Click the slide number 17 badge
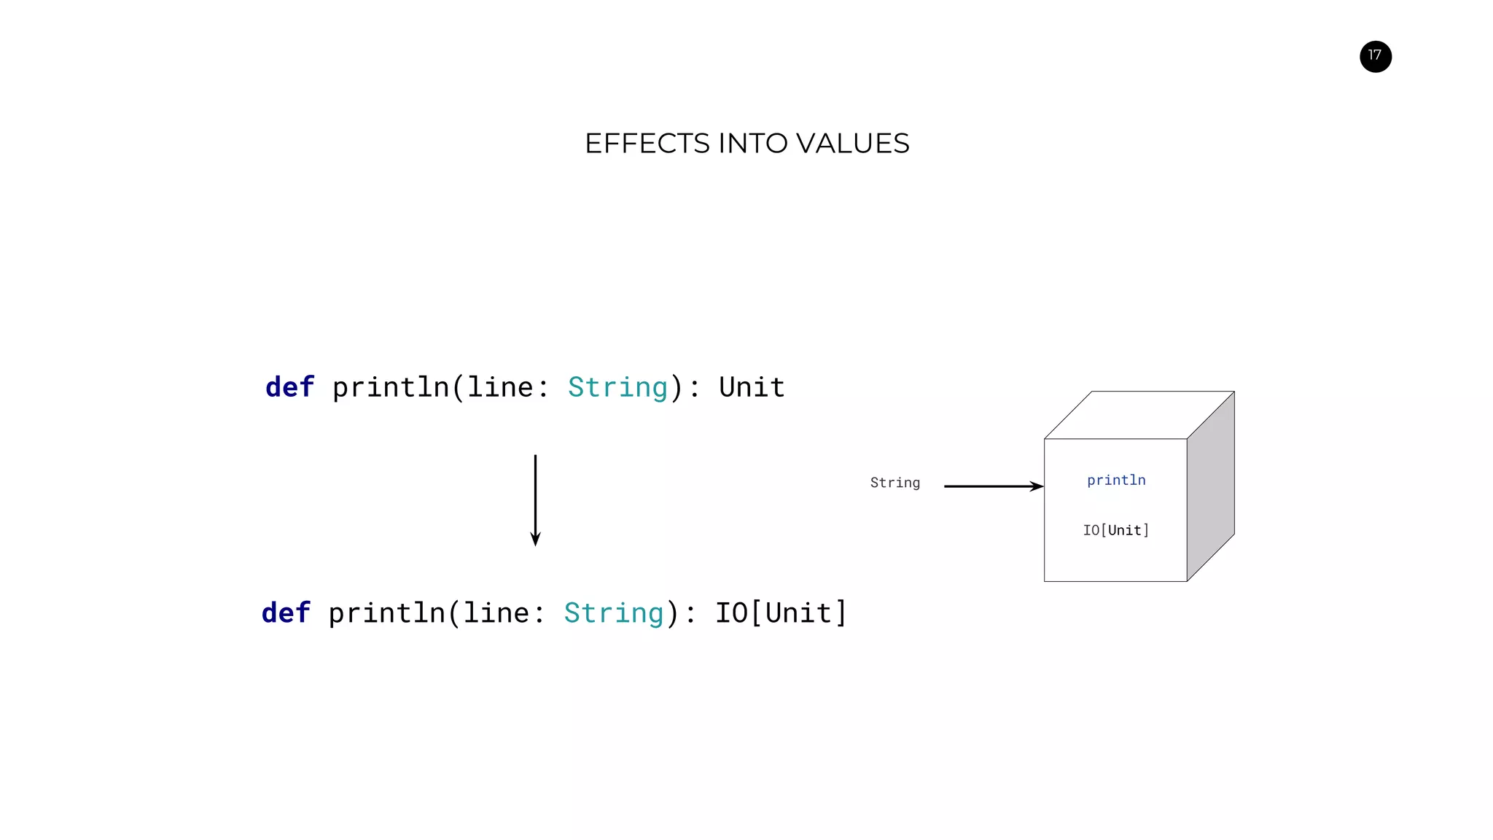[x=1375, y=56]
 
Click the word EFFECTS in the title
[x=647, y=144]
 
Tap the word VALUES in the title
[x=852, y=144]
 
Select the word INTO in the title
[x=752, y=144]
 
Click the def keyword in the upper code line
[x=289, y=387]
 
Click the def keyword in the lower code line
[x=286, y=613]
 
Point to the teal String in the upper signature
[x=617, y=387]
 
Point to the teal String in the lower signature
[x=614, y=613]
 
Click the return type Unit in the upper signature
[x=752, y=387]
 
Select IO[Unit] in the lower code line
[x=781, y=613]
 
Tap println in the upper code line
[x=391, y=387]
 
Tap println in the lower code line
[x=386, y=613]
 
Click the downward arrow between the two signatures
[x=535, y=500]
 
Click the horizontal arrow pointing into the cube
[x=993, y=486]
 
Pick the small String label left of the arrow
[x=894, y=483]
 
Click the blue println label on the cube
[x=1115, y=481]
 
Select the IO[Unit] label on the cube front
[x=1115, y=531]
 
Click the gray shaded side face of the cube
[x=1211, y=486]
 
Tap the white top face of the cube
[x=1139, y=415]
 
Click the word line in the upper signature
[x=500, y=387]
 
